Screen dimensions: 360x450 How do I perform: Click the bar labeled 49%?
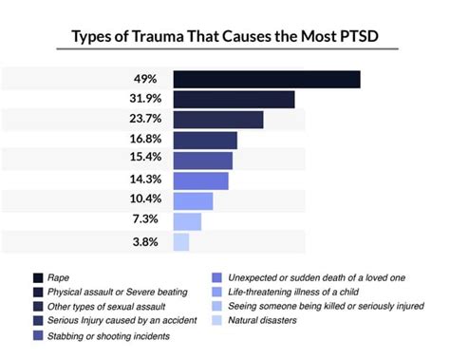(267, 79)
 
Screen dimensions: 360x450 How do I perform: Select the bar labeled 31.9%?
(234, 99)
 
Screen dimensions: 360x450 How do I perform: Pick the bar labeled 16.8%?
(205, 140)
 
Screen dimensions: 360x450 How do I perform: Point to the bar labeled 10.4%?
(194, 200)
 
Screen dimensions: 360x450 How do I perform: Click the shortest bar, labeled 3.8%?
(181, 241)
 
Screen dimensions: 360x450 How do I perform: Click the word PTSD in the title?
(368, 36)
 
